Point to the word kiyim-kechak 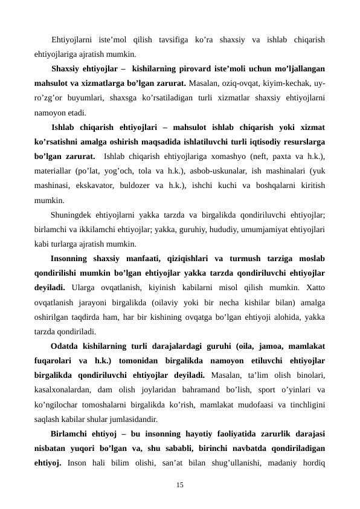pyautogui.click(x=280, y=83)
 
